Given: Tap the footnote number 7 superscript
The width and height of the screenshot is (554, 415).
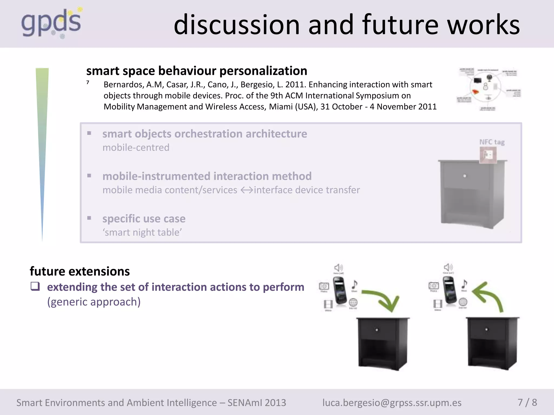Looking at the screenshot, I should click(88, 82).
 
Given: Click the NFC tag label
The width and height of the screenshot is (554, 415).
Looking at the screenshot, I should click(492, 142).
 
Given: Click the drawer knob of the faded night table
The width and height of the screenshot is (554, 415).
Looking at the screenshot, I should click(464, 176).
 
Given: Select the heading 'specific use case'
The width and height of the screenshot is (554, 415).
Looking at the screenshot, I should click(144, 219).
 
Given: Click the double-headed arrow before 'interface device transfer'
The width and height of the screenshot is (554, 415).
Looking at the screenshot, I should click(246, 190).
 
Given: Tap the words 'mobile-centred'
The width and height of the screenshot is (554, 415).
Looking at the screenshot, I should click(136, 148).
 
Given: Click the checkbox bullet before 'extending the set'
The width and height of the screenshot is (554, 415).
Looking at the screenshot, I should click(35, 286).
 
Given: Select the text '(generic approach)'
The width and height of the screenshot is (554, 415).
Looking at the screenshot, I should click(94, 302).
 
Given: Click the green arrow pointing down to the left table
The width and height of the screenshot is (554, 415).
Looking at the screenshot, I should click(384, 300).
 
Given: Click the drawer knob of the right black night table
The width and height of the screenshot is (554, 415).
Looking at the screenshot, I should click(486, 329).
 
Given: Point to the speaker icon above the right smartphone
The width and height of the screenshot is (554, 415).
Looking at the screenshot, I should click(448, 267).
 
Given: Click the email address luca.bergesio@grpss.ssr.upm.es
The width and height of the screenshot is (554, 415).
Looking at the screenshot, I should click(392, 403).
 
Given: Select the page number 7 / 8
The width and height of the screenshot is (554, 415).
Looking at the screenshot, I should click(527, 402).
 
